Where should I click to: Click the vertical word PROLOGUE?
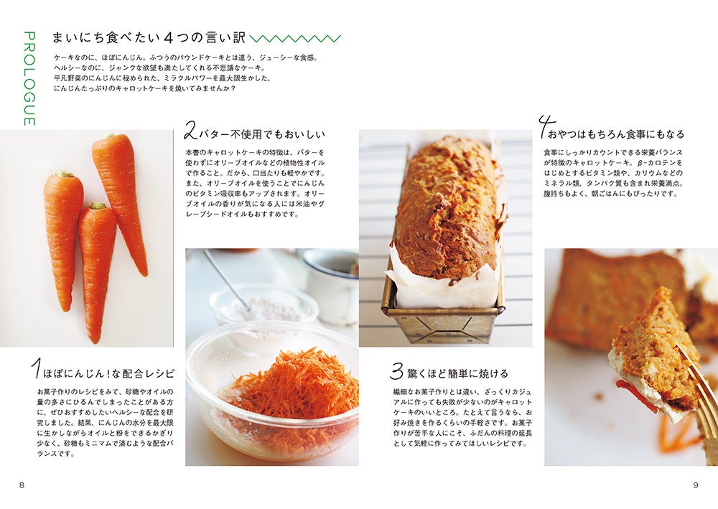click(x=29, y=78)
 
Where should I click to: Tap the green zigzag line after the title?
click(x=295, y=39)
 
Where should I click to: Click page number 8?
click(x=22, y=485)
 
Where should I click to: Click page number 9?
click(x=696, y=485)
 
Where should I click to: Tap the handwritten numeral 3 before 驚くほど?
click(x=396, y=370)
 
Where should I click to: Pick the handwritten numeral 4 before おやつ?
click(x=546, y=126)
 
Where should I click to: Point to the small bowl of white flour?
click(x=264, y=307)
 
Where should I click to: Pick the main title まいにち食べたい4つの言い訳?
click(x=149, y=38)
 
